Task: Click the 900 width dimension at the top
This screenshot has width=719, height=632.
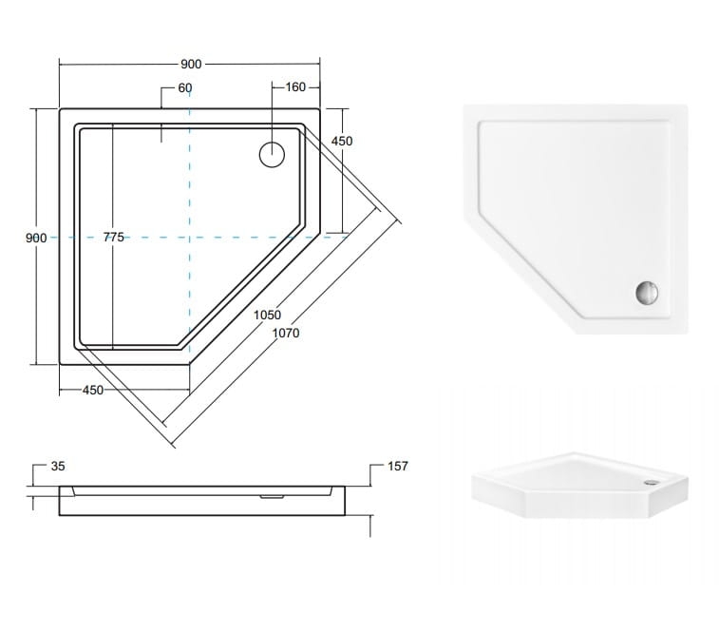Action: coord(191,64)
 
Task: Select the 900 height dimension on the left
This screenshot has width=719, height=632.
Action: coord(36,238)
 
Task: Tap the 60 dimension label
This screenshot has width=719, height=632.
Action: coord(185,87)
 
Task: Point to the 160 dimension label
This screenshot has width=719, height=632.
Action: coord(295,86)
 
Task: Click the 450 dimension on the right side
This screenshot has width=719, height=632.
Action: coord(342,141)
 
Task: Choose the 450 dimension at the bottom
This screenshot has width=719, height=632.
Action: coord(93,390)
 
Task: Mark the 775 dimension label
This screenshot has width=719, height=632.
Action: coord(113,237)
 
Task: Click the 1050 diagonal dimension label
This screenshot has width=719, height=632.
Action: coord(267,315)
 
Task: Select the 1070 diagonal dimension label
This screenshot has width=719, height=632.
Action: coord(286,333)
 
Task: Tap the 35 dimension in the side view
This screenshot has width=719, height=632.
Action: coord(58,466)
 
